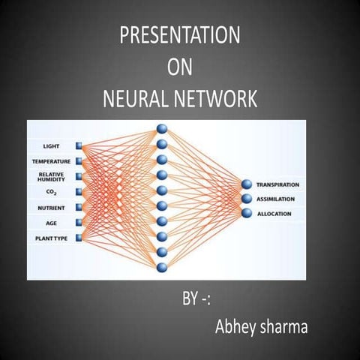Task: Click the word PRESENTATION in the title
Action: coord(179,35)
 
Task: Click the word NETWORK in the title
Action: coord(217,100)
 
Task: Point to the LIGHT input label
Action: coord(51,145)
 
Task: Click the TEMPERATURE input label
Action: coord(51,161)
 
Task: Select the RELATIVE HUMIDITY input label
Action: coord(51,177)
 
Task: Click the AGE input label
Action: coord(51,222)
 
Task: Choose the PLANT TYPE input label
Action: coord(51,238)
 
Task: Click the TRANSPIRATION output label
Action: coord(277,184)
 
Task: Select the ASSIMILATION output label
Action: coord(277,199)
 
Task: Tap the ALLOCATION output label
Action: coord(274,214)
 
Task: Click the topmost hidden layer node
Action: coord(161,129)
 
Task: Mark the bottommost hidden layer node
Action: coord(161,266)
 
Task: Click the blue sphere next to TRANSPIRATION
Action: coord(246,184)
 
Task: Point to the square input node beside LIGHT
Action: coord(79,145)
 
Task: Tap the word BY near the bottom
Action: coord(190,301)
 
